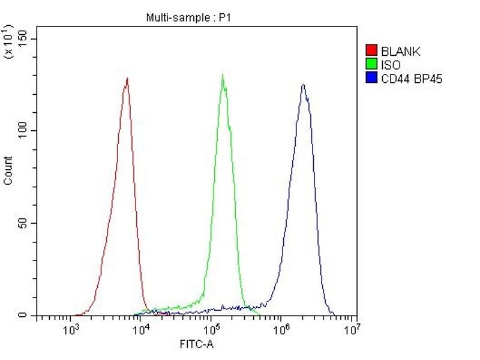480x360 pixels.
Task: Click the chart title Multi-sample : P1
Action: [188, 18]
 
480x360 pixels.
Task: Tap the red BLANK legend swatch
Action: [371, 51]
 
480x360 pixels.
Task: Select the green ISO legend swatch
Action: [371, 64]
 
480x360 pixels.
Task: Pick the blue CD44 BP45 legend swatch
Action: [371, 78]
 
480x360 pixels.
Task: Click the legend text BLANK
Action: [400, 52]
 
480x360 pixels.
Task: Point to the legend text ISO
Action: [391, 65]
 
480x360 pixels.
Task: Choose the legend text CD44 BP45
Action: [411, 79]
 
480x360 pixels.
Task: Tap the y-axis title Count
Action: [8, 170]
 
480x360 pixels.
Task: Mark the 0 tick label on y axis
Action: [25, 315]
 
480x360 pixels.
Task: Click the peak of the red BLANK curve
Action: [127, 79]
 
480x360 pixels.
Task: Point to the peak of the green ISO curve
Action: [223, 75]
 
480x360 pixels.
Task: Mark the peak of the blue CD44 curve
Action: [303, 85]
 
